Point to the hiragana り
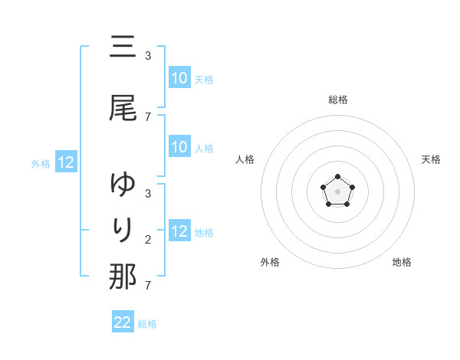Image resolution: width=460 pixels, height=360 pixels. [123, 230]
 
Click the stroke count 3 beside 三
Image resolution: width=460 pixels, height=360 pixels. [148, 56]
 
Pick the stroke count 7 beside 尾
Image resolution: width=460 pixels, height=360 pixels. [148, 117]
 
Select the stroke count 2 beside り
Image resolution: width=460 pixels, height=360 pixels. [148, 240]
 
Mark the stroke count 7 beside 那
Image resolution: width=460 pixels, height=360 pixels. [148, 286]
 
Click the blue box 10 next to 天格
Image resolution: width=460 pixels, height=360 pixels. [179, 78]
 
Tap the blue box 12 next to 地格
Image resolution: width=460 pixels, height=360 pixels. [179, 231]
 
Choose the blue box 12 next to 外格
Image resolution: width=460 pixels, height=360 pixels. [66, 162]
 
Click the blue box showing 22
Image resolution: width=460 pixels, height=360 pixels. [123, 322]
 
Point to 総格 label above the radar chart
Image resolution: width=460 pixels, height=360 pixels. [338, 100]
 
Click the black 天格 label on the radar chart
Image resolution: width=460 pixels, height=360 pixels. [431, 159]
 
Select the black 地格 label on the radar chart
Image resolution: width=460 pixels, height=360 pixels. [402, 262]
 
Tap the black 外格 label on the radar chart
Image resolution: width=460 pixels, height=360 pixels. [270, 262]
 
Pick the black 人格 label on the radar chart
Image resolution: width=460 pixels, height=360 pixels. [245, 159]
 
